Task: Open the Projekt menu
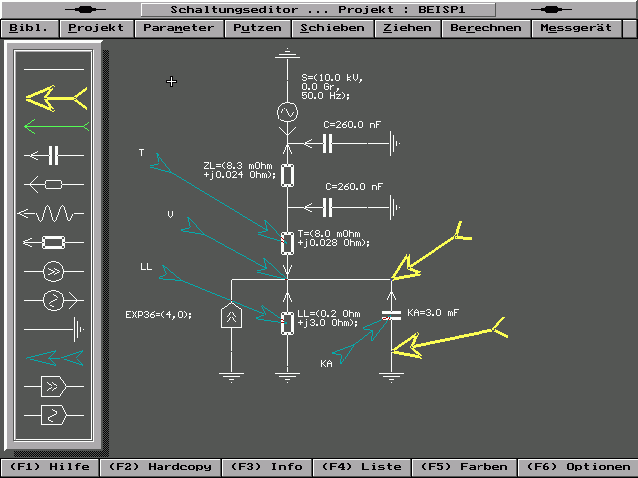click(x=97, y=28)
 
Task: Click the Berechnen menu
click(x=485, y=28)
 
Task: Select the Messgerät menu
click(x=577, y=28)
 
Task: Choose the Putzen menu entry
click(x=258, y=28)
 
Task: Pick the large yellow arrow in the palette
click(x=56, y=97)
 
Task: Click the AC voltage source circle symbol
click(x=287, y=113)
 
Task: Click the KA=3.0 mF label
click(x=433, y=313)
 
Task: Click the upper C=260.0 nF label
click(x=353, y=125)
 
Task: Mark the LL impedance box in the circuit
click(x=287, y=322)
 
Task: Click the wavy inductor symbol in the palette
click(x=56, y=212)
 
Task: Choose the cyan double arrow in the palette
click(x=56, y=357)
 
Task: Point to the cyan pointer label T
click(x=141, y=153)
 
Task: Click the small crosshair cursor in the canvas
click(x=172, y=81)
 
